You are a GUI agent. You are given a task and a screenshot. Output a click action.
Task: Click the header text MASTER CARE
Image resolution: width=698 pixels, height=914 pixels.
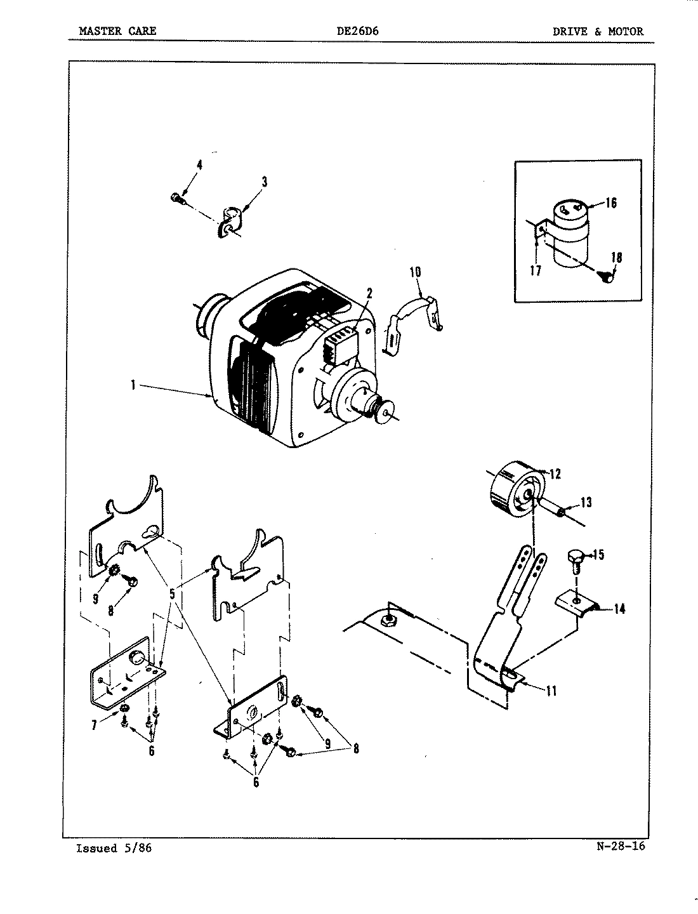117,31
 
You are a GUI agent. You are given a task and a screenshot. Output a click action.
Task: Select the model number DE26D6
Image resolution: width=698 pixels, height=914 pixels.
357,31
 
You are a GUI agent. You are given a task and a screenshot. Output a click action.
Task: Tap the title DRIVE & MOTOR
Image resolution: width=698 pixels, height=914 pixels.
598,31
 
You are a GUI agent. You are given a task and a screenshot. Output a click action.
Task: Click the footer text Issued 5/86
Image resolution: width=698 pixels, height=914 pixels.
114,849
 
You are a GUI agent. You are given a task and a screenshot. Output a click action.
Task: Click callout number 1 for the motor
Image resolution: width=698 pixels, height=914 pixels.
133,385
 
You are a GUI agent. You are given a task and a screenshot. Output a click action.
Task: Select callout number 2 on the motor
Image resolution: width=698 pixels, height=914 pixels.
369,293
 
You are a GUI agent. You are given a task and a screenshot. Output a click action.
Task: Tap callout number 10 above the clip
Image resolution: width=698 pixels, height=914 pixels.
415,272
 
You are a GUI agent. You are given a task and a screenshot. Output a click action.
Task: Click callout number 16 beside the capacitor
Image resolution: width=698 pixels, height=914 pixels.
610,203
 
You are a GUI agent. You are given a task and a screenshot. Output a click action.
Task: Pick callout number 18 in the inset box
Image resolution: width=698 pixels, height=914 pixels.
616,258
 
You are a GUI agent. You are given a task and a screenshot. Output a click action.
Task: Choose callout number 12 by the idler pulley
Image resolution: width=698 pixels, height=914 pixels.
555,474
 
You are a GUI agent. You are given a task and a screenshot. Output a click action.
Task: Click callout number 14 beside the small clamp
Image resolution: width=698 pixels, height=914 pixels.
619,609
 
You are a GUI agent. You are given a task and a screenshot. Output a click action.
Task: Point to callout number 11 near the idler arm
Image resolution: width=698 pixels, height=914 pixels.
551,691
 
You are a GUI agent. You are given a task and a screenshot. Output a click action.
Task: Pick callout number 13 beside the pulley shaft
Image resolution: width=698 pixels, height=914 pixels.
585,503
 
